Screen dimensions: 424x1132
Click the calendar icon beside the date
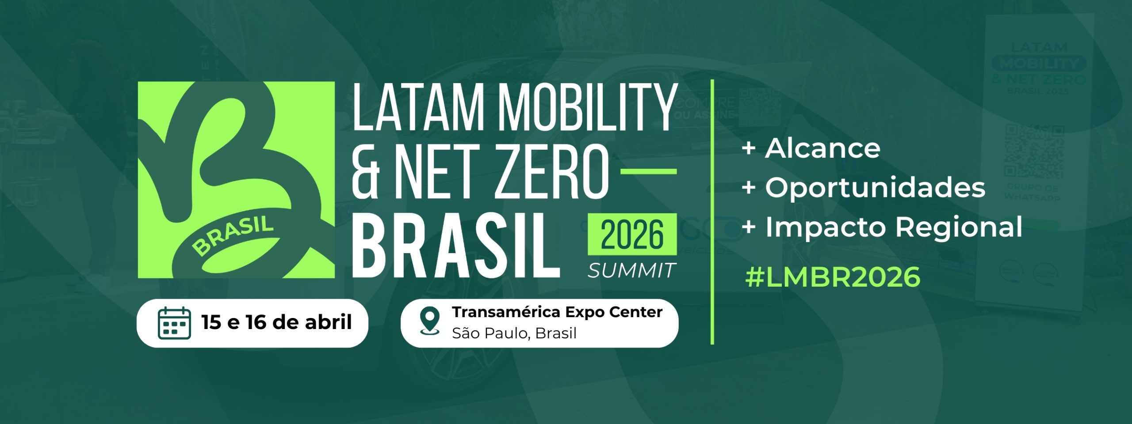point(174,323)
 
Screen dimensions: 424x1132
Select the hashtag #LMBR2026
point(833,277)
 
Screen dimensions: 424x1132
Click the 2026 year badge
point(632,234)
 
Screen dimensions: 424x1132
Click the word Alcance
point(822,148)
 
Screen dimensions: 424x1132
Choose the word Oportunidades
point(875,188)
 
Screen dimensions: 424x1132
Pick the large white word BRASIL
point(456,246)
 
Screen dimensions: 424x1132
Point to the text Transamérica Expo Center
point(557,312)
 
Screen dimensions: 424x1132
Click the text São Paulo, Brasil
point(514,333)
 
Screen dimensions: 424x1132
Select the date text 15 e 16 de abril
point(276,322)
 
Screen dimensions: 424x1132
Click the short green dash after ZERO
point(649,171)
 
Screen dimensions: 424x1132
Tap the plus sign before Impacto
point(748,227)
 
